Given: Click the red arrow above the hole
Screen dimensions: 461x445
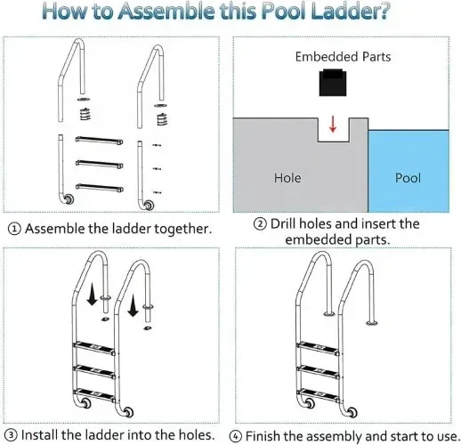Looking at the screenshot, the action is pos(333,124).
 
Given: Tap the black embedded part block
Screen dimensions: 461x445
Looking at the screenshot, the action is pos(333,83).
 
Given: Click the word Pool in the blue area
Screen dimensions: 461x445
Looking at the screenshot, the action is pos(408,178).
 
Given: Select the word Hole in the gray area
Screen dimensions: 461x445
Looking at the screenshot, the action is pos(287,178).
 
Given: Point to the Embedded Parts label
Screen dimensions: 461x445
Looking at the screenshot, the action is pos(343,57).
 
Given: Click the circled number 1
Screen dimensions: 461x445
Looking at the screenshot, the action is pos(14,229).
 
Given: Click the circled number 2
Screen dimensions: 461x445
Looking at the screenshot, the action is pos(260,224).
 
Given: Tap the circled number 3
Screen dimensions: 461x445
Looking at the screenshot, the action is pos(11,435).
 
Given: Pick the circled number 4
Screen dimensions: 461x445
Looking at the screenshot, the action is pos(235,436).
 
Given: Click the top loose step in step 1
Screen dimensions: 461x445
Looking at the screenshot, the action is pos(99,141).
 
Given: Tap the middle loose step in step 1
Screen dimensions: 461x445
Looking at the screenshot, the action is pos(99,164).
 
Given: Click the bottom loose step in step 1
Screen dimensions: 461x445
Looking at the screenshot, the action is pos(100,188).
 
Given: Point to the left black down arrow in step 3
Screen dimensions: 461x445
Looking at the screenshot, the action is pos(92,294).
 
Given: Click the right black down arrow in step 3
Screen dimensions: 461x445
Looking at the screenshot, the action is pos(133,305).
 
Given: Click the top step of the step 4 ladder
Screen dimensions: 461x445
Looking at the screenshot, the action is pos(318,348).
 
